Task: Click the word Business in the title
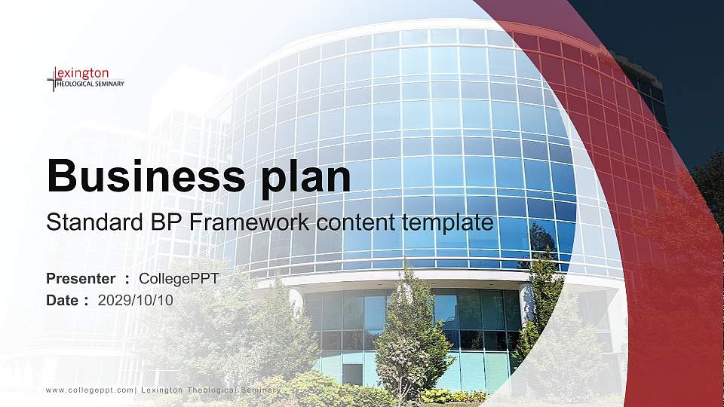pos(143,176)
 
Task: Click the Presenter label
pos(81,279)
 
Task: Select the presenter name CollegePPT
pos(179,279)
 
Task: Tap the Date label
pos(63,300)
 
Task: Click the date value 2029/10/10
pos(136,300)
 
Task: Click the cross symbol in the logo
pos(53,78)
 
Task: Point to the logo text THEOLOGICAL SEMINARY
pos(91,84)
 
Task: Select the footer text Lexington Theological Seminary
pos(211,390)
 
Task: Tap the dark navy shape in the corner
pos(664,45)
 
